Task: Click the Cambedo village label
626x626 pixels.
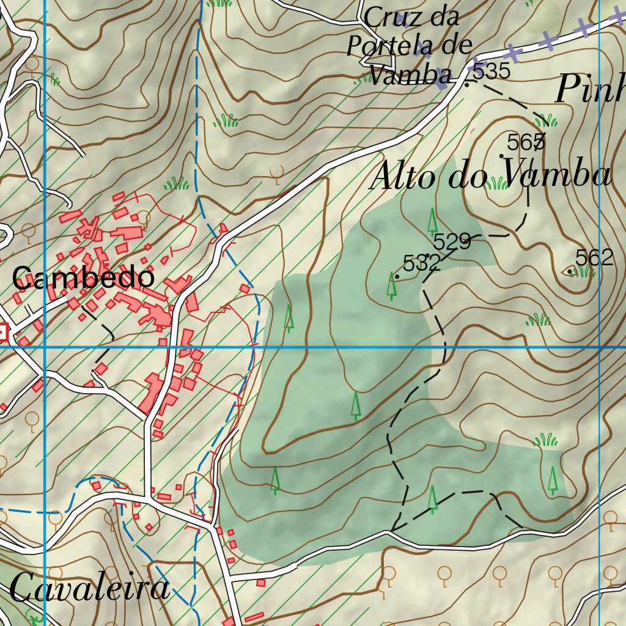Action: tap(83, 279)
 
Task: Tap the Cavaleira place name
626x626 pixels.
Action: tap(89, 589)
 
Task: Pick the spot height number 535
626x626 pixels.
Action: tap(492, 72)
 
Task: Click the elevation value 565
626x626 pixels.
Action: tap(526, 142)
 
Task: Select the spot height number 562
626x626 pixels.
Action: tap(594, 258)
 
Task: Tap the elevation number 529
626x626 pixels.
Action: tap(452, 242)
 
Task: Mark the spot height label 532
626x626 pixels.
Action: tap(422, 263)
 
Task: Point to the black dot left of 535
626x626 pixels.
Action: tap(466, 84)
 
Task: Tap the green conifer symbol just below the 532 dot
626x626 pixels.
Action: tap(391, 286)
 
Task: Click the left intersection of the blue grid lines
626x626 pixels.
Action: tap(45, 347)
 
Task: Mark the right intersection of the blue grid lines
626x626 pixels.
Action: tap(600, 347)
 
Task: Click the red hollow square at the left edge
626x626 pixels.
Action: tap(2, 333)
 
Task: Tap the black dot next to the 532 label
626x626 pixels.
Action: tap(397, 277)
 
